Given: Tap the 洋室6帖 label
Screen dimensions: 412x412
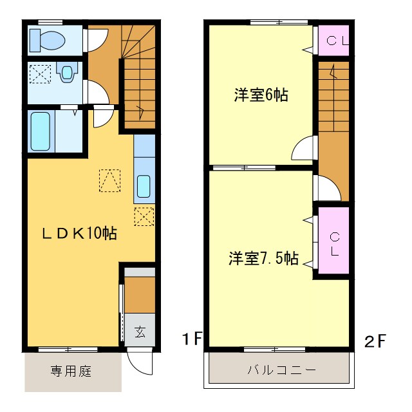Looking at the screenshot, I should tap(261, 96).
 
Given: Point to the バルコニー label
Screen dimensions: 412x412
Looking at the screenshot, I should tap(281, 371).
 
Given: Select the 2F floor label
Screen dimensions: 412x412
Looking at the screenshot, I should tap(375, 341).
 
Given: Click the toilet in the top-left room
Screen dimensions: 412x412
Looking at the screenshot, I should tap(48, 41).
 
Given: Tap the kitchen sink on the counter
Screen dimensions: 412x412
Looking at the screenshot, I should tap(144, 187).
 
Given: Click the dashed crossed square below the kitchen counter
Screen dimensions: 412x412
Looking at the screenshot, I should tap(144, 217).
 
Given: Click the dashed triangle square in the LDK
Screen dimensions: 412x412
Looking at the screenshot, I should tap(109, 180).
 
